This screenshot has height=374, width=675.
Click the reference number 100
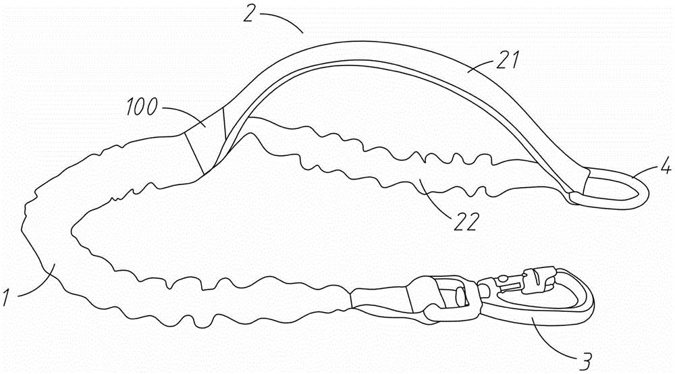pyautogui.click(x=142, y=107)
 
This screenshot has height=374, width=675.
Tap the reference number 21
pyautogui.click(x=508, y=60)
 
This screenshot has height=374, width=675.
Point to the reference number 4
pyautogui.click(x=666, y=166)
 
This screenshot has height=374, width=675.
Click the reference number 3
pyautogui.click(x=585, y=363)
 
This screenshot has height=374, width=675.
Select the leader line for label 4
pyautogui.click(x=647, y=173)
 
